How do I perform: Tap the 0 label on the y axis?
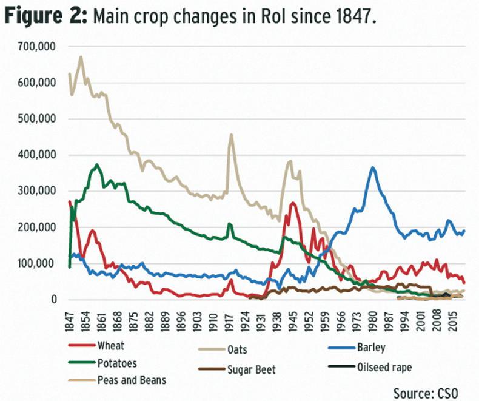(x=55, y=300)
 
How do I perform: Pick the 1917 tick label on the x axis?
(x=230, y=322)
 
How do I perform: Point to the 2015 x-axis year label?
(x=452, y=322)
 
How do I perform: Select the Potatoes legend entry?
(x=115, y=364)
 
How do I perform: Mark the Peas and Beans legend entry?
(x=126, y=380)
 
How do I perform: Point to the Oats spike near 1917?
(x=231, y=135)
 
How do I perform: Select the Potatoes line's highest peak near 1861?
(x=97, y=164)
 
